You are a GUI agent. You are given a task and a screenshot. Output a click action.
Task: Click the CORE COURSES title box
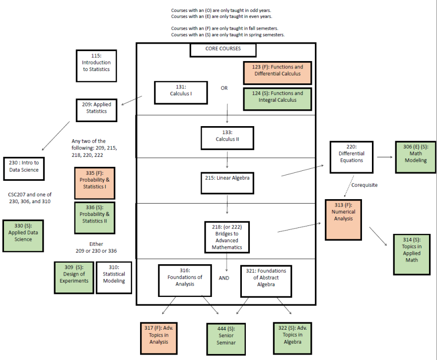coord(223,49)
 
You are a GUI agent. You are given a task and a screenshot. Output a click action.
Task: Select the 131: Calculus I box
coord(181,92)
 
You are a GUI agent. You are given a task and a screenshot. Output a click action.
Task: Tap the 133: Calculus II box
coord(227,138)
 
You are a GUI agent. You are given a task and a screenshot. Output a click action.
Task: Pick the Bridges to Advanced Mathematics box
coord(227,237)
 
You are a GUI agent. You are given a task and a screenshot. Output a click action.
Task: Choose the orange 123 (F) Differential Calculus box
coord(278,71)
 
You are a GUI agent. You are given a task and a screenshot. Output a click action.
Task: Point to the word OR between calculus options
coord(224,88)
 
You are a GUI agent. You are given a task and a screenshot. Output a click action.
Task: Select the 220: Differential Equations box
coord(352,157)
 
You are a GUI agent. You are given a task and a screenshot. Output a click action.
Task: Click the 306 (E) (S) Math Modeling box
coord(416,157)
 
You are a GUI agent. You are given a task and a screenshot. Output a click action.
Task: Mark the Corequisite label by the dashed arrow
coord(364,185)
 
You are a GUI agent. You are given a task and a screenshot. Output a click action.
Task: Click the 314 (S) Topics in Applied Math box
coord(412,253)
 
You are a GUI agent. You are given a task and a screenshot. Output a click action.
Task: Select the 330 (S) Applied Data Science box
coord(23,236)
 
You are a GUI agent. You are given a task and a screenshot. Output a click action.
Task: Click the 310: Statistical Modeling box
coord(114,278)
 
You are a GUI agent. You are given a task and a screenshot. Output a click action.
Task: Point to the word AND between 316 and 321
coord(224,278)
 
